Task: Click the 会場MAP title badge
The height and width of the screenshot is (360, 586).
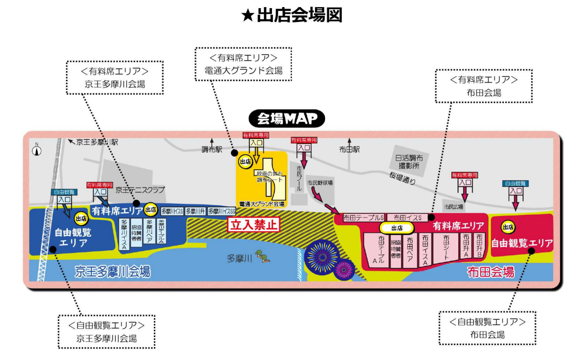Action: (287, 118)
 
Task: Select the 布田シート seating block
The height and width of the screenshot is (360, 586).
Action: (445, 247)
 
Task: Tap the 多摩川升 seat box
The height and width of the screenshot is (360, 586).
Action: (195, 211)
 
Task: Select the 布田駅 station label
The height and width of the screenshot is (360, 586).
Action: (349, 149)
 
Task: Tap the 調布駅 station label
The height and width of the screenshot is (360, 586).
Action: (212, 149)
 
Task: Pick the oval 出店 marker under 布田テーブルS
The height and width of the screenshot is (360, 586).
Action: (397, 228)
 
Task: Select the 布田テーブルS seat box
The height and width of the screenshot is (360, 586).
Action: (364, 218)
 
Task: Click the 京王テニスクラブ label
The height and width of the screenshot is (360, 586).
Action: (140, 190)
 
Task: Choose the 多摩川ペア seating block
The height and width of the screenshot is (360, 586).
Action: (149, 233)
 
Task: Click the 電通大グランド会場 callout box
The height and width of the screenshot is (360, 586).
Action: (243, 64)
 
